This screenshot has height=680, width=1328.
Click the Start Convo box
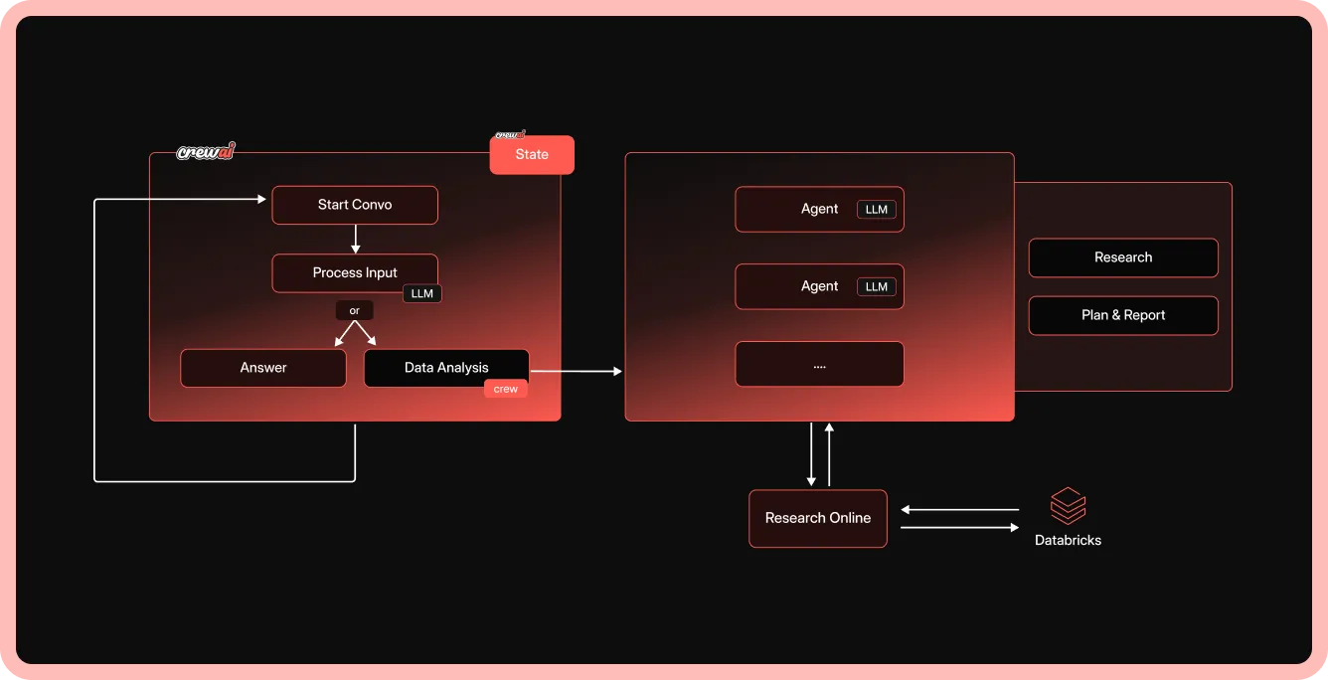(355, 205)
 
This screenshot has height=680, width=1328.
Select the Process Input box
(355, 272)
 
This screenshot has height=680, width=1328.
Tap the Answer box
(263, 368)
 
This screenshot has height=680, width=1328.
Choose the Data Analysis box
(446, 368)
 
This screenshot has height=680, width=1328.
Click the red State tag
(532, 155)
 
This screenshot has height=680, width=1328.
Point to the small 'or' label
(355, 311)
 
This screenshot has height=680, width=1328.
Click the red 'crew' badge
(506, 389)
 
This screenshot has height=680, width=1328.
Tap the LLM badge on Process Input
(422, 293)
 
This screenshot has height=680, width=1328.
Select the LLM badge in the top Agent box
(877, 210)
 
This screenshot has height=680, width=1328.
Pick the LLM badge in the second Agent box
(877, 287)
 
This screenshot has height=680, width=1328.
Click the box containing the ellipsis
(819, 365)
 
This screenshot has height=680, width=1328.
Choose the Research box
(1123, 257)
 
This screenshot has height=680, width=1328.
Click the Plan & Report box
(1123, 315)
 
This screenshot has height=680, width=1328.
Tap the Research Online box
(818, 518)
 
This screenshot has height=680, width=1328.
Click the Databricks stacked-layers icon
(1069, 506)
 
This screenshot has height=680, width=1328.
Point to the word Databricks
(1069, 541)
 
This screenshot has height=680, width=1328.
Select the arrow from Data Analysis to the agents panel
(577, 371)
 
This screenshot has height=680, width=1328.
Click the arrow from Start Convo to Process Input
(355, 239)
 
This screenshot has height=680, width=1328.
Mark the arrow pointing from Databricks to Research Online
(959, 510)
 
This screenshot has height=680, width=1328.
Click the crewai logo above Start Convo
(206, 152)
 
